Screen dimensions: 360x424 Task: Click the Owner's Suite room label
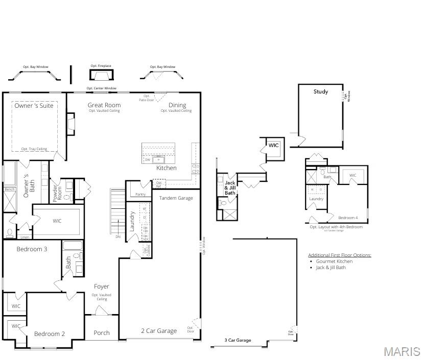click(x=34, y=106)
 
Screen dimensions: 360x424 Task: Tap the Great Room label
click(x=104, y=105)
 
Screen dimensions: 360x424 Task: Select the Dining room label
click(x=177, y=105)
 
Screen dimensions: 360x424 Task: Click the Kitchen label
click(x=166, y=168)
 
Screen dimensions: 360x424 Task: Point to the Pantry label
click(x=140, y=194)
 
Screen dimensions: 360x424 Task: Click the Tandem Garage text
click(x=176, y=198)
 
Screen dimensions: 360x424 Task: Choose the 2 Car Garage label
click(x=159, y=331)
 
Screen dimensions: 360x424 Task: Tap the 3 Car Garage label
click(x=238, y=340)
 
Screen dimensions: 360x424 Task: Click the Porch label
click(x=102, y=333)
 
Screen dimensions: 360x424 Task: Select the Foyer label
click(x=101, y=286)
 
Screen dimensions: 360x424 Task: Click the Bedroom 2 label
click(x=50, y=334)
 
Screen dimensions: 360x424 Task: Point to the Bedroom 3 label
click(x=32, y=249)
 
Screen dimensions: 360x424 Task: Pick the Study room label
click(x=321, y=92)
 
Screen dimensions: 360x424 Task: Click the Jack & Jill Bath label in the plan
click(x=230, y=188)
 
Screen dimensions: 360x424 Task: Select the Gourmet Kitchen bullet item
click(x=334, y=261)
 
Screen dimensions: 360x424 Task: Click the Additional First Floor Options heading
click(x=339, y=255)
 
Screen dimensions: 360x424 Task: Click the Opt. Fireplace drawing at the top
click(x=101, y=75)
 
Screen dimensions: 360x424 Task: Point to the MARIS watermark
click(x=402, y=352)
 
